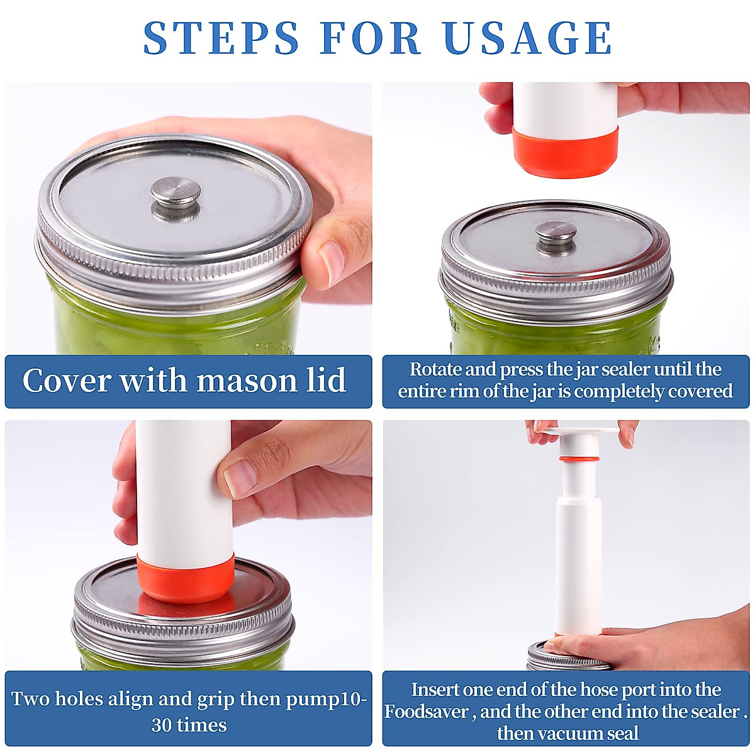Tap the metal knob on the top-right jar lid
[x=556, y=236]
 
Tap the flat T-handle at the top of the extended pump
[x=579, y=433]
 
